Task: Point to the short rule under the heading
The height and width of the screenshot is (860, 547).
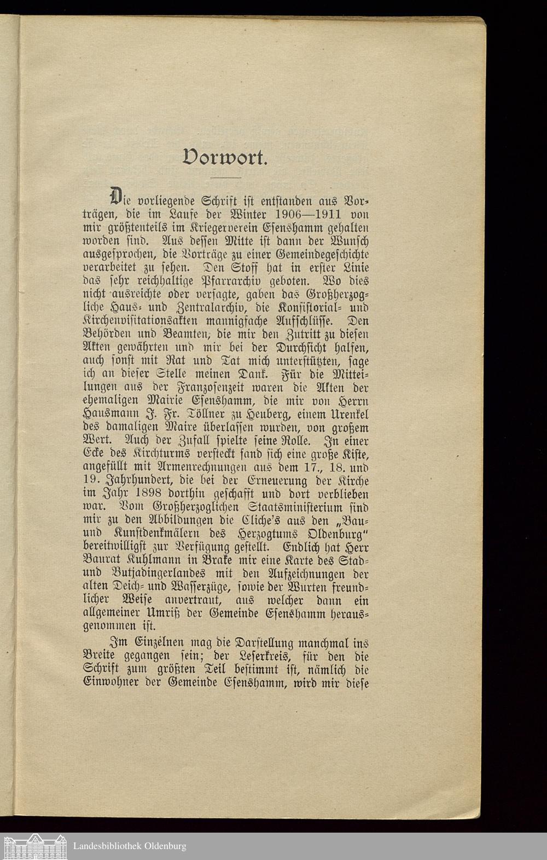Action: click(x=226, y=178)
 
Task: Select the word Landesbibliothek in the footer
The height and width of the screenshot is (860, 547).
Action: click(x=107, y=846)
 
